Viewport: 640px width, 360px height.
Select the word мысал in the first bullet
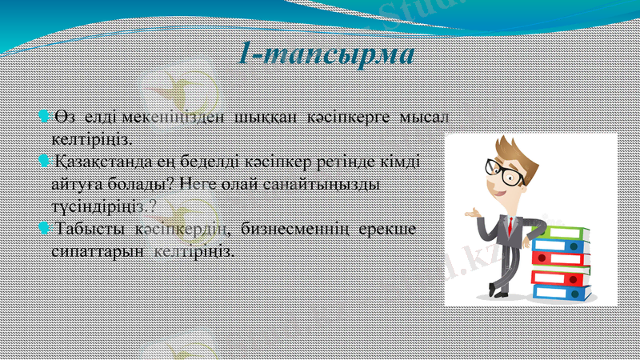[425, 117]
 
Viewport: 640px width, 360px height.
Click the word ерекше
[391, 230]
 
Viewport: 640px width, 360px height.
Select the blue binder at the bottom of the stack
[562, 293]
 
